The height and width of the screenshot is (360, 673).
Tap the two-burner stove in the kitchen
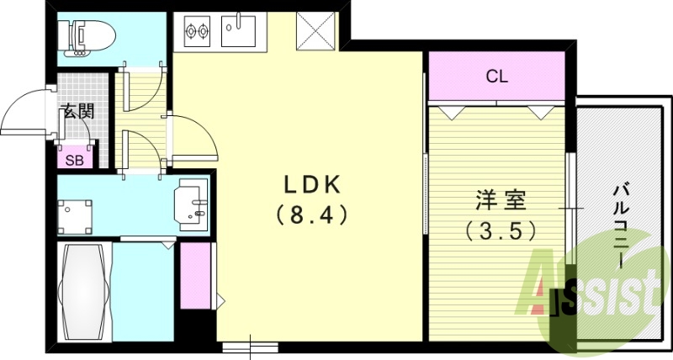click(197, 30)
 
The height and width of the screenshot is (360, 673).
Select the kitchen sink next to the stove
click(238, 30)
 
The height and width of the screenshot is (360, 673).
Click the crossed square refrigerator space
click(315, 31)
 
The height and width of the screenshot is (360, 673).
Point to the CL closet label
click(497, 77)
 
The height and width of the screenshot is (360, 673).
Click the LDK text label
click(312, 185)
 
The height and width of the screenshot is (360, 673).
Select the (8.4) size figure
click(312, 214)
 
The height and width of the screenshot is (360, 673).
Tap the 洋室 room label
click(501, 200)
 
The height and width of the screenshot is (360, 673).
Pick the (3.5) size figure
click(501, 230)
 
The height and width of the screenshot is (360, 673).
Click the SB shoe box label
click(74, 161)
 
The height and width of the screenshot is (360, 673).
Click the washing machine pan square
click(74, 217)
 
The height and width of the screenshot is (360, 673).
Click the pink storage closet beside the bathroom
click(195, 276)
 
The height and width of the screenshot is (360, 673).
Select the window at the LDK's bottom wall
click(250, 347)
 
